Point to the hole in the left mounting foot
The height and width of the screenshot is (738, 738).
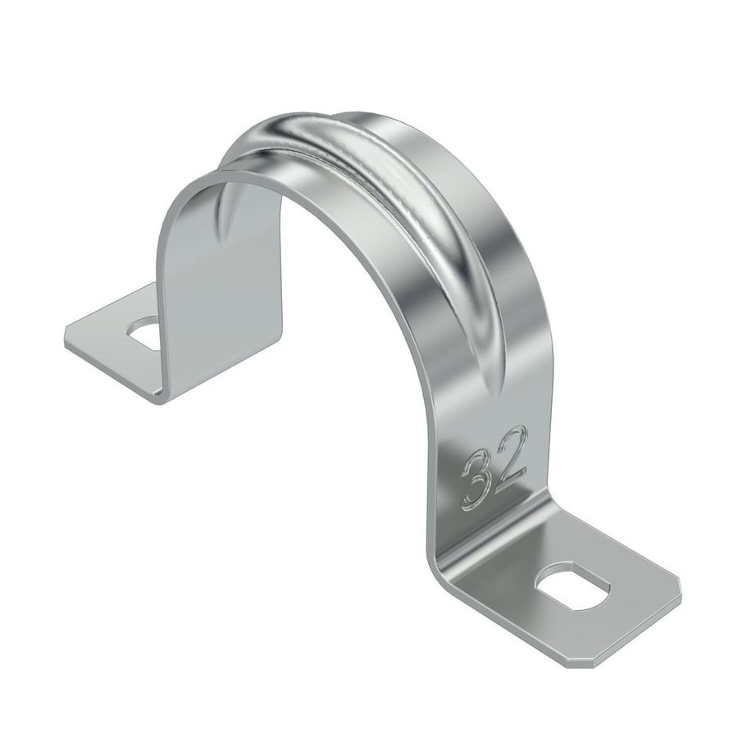[x=145, y=331]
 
